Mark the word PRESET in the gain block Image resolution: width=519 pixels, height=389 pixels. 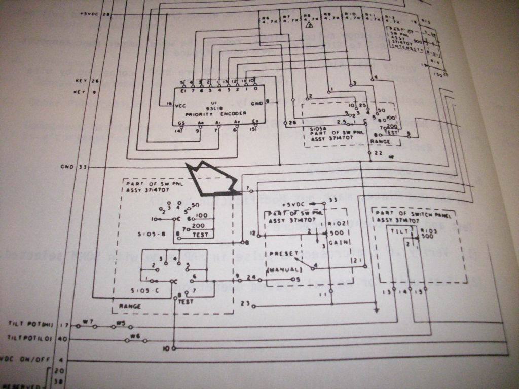coord(280,253)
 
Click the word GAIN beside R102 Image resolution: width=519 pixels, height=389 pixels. coord(337,242)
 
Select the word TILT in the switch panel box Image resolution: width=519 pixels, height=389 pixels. coord(396,230)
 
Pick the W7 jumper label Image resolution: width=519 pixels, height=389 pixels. coord(88,321)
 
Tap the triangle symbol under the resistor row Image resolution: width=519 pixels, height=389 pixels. coord(308,24)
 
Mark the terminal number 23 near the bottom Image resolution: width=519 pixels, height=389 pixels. coord(245,304)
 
